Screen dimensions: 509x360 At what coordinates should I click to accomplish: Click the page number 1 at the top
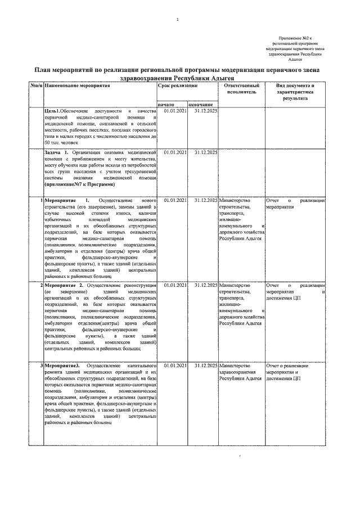pyautogui.click(x=177, y=20)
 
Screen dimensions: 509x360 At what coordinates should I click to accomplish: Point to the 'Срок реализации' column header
pyautogui.click(x=178, y=86)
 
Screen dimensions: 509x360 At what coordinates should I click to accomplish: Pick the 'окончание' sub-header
pyautogui.click(x=201, y=105)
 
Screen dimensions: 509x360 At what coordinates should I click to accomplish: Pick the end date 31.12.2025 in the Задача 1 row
pyautogui.click(x=205, y=152)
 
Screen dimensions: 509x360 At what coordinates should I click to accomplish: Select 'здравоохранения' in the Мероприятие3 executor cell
pyautogui.click(x=237, y=372)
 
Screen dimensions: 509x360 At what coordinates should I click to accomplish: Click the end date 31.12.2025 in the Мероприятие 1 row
pyautogui.click(x=205, y=200)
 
